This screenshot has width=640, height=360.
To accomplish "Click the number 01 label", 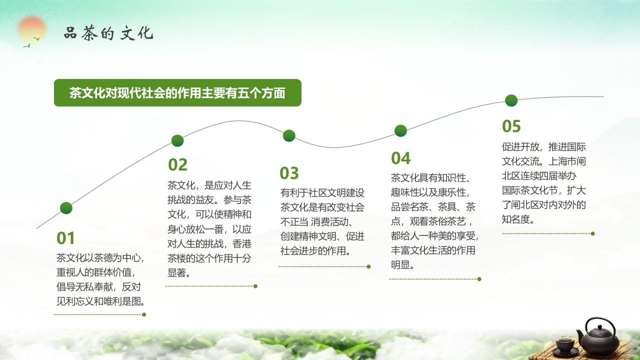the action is coord(65,238).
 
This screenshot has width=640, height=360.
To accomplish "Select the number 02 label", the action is coord(177,164).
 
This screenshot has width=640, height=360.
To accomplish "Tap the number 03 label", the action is coord(289,173).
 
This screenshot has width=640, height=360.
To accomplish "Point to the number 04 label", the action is coord(400,158).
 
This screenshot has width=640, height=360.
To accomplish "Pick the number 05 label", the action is coord(511,126).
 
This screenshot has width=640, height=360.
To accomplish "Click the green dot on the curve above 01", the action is coord(66,208).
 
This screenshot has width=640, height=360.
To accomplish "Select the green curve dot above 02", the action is coord(177,140).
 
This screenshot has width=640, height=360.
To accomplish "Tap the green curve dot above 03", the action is coord(289,135).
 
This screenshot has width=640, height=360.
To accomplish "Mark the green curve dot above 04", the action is coord(400,131).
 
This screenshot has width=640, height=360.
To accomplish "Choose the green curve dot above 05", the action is coord(511,100).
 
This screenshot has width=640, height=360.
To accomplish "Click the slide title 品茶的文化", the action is coord(108,33).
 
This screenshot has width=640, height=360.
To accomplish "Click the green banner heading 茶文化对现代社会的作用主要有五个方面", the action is coord(177,93).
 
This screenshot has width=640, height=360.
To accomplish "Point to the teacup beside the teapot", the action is coord(564,345).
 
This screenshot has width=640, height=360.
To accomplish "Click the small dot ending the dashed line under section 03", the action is coord(368,266).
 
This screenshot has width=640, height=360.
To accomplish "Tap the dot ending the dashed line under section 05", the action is coord(592,233).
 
